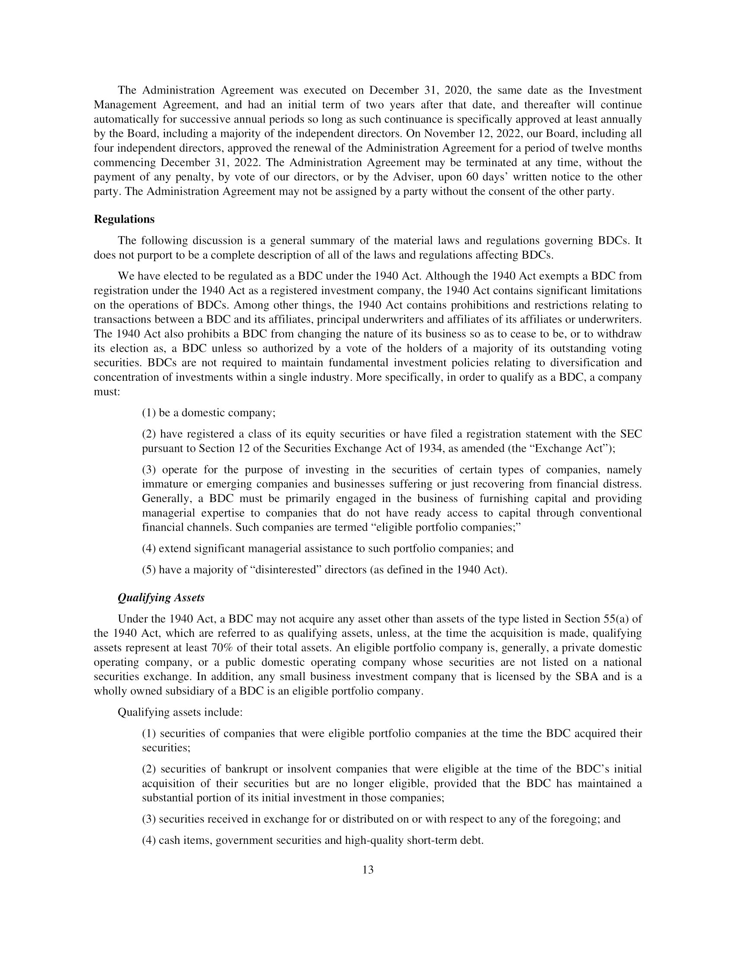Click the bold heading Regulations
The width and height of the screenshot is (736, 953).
[x=124, y=220]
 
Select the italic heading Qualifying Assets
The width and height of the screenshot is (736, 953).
[x=161, y=598]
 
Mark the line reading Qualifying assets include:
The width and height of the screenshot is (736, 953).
[x=180, y=713]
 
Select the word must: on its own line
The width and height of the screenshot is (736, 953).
[x=107, y=392]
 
